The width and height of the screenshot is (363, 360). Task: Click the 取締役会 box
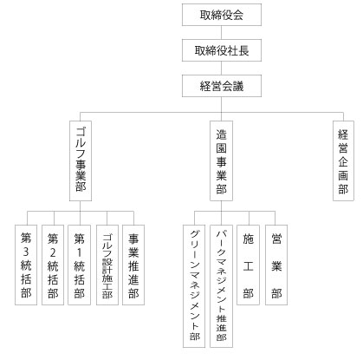[222, 15]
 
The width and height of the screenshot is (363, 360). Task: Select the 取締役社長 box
[222, 50]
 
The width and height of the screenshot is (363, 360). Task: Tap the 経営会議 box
[222, 86]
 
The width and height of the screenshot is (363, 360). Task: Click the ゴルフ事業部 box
[81, 160]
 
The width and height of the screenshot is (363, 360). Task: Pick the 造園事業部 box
[221, 160]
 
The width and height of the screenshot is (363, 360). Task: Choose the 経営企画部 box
[343, 160]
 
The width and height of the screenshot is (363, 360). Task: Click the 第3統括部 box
[26, 265]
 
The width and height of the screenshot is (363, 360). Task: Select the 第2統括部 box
[53, 265]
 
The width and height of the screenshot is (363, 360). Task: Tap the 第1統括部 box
[79, 265]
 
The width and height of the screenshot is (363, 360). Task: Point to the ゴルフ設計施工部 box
[107, 265]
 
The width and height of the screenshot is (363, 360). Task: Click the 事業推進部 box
[133, 265]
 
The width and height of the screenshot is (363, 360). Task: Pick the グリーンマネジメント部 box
[194, 286]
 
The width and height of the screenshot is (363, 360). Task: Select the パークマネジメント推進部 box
[221, 286]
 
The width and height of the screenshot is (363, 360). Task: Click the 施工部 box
[248, 265]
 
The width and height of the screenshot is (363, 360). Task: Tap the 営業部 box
[276, 265]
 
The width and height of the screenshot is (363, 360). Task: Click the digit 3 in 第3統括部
[26, 252]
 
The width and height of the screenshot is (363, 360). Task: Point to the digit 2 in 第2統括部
[53, 252]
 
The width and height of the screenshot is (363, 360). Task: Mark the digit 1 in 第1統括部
[80, 252]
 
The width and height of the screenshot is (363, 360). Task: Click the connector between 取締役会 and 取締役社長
[222, 33]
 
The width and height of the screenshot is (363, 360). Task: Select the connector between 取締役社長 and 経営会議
[222, 69]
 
